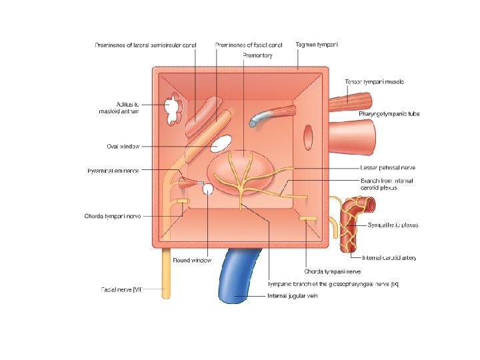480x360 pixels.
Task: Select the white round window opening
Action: point(207,189)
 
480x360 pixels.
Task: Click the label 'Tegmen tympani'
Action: point(317,45)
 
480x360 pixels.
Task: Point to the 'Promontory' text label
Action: point(257,55)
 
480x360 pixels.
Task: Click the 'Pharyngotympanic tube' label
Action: point(389,114)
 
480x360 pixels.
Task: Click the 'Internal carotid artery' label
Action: point(389,258)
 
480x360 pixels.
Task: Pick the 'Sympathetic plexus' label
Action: point(393,225)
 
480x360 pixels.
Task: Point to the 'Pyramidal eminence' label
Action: point(113,171)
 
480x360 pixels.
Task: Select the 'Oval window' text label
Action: point(123,146)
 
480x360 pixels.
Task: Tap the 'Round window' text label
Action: point(192,260)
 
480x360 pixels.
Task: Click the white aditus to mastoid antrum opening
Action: point(173,110)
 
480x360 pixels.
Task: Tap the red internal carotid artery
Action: point(350,227)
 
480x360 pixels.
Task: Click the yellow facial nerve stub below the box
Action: point(164,273)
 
